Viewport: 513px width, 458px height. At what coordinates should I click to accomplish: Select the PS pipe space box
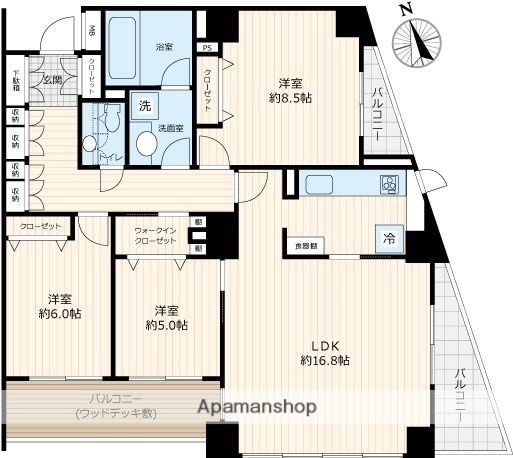[x=207, y=47]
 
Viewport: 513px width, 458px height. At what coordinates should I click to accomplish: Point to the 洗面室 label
[x=169, y=128]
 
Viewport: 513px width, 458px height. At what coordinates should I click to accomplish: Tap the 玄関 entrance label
[x=52, y=78]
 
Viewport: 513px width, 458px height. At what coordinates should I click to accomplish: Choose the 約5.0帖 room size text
[x=165, y=324]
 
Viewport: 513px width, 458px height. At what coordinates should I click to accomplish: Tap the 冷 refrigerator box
[x=387, y=239]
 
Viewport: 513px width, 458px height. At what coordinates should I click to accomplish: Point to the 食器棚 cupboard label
[x=304, y=245]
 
